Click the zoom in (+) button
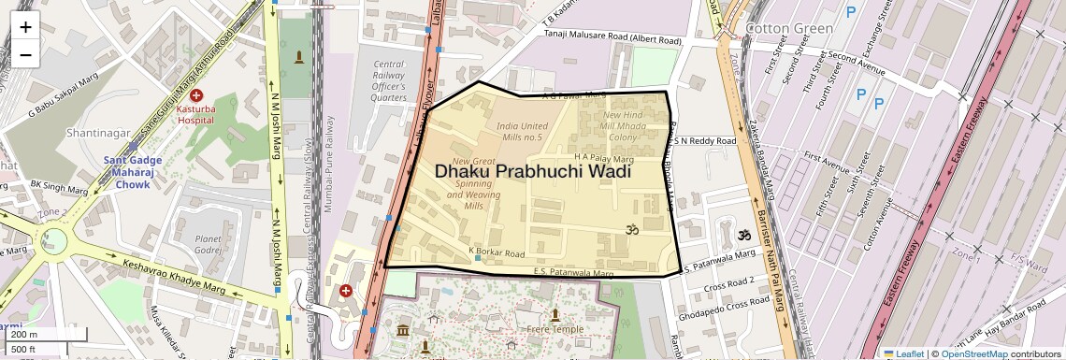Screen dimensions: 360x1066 coord(25,26)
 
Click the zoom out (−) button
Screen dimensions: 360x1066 coord(25,54)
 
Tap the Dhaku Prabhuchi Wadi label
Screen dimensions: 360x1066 coord(532,172)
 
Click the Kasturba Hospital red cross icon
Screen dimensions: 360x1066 coord(196,95)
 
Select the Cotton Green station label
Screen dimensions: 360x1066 coord(788,28)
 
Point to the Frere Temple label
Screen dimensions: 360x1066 coord(555,329)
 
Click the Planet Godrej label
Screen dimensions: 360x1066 coord(208,245)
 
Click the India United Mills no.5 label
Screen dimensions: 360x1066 coord(523,132)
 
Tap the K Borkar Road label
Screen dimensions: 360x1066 coord(496,252)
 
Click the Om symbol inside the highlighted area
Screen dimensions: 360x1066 coord(630,229)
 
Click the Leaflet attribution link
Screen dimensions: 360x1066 coord(902,353)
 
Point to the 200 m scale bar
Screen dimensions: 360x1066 coord(34,335)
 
